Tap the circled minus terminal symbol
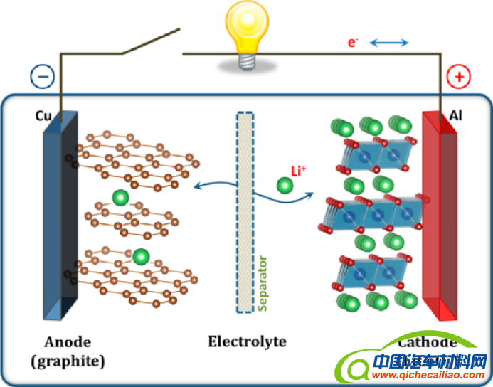click(42, 78)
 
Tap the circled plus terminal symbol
click(457, 77)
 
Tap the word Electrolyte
click(247, 341)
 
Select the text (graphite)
click(68, 361)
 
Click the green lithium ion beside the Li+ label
click(285, 186)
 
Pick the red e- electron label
click(353, 43)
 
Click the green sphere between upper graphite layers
click(120, 196)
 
